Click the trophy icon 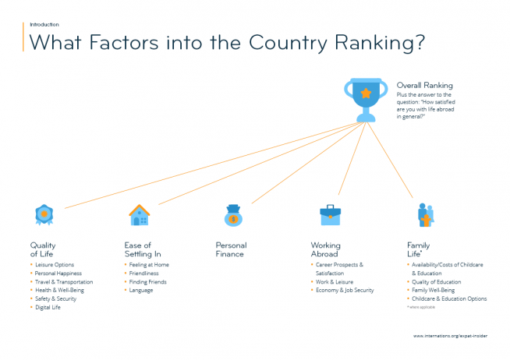366,100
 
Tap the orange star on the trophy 366,94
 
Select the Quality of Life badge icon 44,215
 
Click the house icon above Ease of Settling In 140,215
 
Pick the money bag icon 233,215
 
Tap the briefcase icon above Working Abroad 330,215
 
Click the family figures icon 426,215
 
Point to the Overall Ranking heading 424,85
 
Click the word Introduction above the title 44,24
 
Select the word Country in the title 288,43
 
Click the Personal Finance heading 232,249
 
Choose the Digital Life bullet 48,307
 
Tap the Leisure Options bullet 55,265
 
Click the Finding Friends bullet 147,282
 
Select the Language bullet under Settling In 141,291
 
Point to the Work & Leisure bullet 335,282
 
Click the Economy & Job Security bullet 345,290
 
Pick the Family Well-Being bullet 434,290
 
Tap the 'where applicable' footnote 421,307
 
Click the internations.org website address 451,336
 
